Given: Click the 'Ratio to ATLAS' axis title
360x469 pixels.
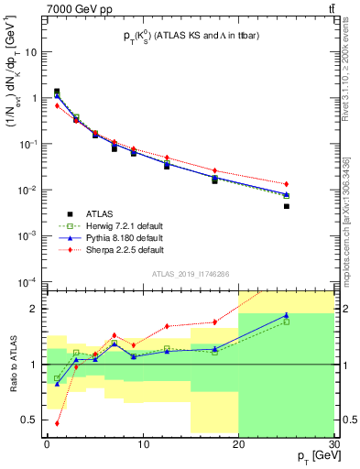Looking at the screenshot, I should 12,364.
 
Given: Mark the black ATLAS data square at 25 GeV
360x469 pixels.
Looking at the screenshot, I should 286,206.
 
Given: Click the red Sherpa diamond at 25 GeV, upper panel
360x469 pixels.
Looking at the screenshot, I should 286,184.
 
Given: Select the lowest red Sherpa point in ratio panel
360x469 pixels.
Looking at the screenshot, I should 57,423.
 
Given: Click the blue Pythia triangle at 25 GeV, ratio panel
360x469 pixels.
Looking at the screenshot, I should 286,315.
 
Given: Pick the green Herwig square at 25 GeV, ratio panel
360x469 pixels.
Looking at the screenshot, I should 286,322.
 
